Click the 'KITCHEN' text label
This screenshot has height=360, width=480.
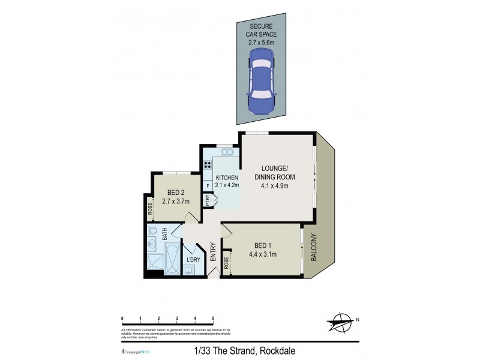227,178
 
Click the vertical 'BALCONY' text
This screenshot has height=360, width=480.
313,247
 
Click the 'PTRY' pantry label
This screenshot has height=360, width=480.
207,202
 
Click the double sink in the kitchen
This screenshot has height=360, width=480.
226,152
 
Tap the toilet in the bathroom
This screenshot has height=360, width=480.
151,243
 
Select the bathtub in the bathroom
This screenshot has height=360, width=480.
172,259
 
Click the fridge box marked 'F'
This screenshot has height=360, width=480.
208,187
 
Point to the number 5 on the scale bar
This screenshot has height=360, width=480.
213,318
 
